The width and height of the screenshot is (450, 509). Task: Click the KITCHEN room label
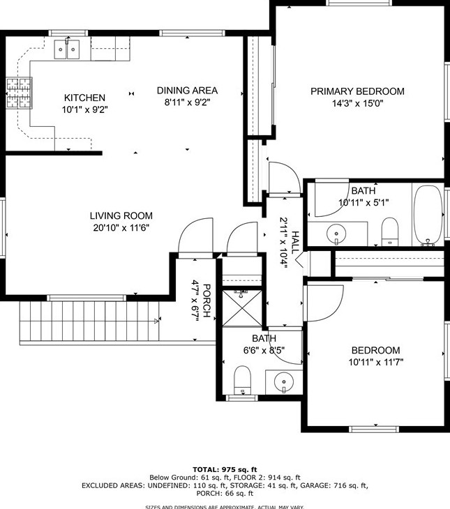[x=84, y=98]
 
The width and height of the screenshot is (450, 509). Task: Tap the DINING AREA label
[x=187, y=90]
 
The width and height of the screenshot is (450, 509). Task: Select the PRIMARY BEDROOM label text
[x=357, y=91]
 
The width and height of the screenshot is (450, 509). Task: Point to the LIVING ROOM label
[x=121, y=215]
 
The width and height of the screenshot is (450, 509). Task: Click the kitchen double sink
[x=67, y=50]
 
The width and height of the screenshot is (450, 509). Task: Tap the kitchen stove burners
[x=19, y=93]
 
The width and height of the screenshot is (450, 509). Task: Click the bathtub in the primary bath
[x=428, y=215]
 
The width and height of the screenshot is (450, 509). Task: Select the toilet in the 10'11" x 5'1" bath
[x=389, y=231]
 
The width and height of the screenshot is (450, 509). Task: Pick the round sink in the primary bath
[x=336, y=234]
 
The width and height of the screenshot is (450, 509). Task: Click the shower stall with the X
[x=242, y=308]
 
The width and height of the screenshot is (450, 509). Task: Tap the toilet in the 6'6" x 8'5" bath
[x=242, y=380]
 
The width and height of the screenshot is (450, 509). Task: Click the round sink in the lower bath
[x=284, y=382]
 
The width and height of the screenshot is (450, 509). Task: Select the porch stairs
[x=89, y=321]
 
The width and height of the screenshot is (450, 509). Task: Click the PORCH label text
[x=207, y=301]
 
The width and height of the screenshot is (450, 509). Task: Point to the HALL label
[x=295, y=243]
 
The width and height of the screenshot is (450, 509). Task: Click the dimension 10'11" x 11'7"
[x=376, y=362]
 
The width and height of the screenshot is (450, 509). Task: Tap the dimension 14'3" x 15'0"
[x=357, y=104]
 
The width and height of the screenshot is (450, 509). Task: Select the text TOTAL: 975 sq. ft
[x=225, y=469]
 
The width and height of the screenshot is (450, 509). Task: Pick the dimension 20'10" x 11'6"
[x=121, y=228]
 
